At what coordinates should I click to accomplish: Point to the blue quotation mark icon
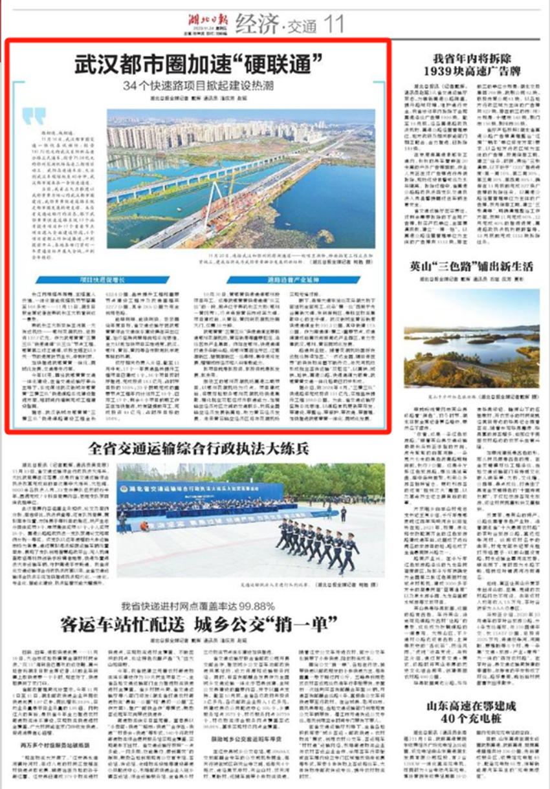point(34,117)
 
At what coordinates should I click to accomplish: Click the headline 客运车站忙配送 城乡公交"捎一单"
point(197,625)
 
